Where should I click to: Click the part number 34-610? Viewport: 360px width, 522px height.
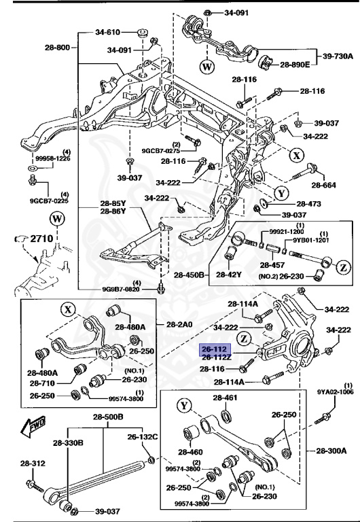tap(108, 32)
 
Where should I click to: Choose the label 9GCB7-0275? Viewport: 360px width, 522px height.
tap(161, 151)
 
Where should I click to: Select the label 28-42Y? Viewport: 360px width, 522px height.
tap(230, 275)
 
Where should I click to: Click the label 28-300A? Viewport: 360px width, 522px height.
tap(331, 450)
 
